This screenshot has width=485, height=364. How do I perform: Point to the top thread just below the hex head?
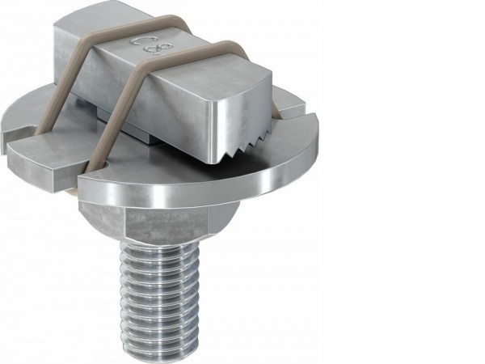[162, 251]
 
